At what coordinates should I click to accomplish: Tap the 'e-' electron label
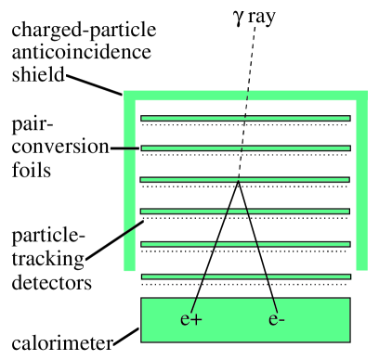pyautogui.click(x=276, y=321)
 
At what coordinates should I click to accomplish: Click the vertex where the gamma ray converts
pyautogui.click(x=239, y=182)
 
